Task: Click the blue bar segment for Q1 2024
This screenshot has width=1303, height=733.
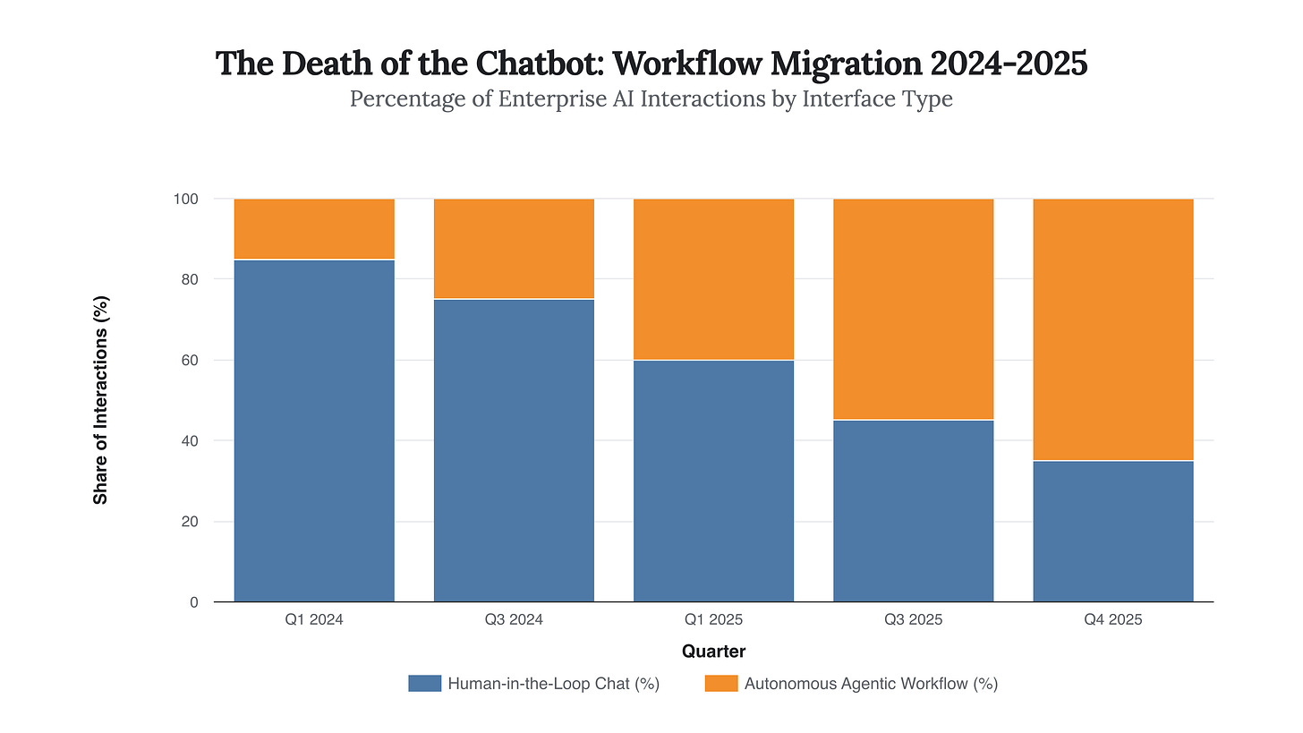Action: tap(314, 430)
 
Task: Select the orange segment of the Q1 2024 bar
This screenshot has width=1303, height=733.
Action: tap(314, 228)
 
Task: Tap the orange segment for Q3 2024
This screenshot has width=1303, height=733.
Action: tap(514, 248)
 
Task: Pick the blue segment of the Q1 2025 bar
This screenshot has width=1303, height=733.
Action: tap(713, 481)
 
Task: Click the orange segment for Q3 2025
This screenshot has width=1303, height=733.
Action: tap(913, 309)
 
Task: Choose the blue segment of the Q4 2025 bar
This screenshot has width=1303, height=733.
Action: tap(1112, 531)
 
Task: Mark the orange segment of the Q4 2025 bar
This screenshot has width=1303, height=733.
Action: tap(1112, 328)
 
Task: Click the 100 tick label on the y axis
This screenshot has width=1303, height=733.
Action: tap(185, 198)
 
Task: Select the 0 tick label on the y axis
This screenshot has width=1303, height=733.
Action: tap(193, 602)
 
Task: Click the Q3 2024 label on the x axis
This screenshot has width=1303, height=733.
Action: tap(514, 619)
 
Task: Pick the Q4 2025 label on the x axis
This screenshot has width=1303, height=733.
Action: tap(1112, 619)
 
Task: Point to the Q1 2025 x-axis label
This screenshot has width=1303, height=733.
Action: tap(713, 619)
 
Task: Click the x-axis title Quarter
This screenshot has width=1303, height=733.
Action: tap(713, 652)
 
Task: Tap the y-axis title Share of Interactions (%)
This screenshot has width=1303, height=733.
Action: tap(101, 400)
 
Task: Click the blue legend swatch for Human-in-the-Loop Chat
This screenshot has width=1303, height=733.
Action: tap(424, 684)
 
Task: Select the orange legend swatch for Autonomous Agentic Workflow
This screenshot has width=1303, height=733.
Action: tap(721, 684)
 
